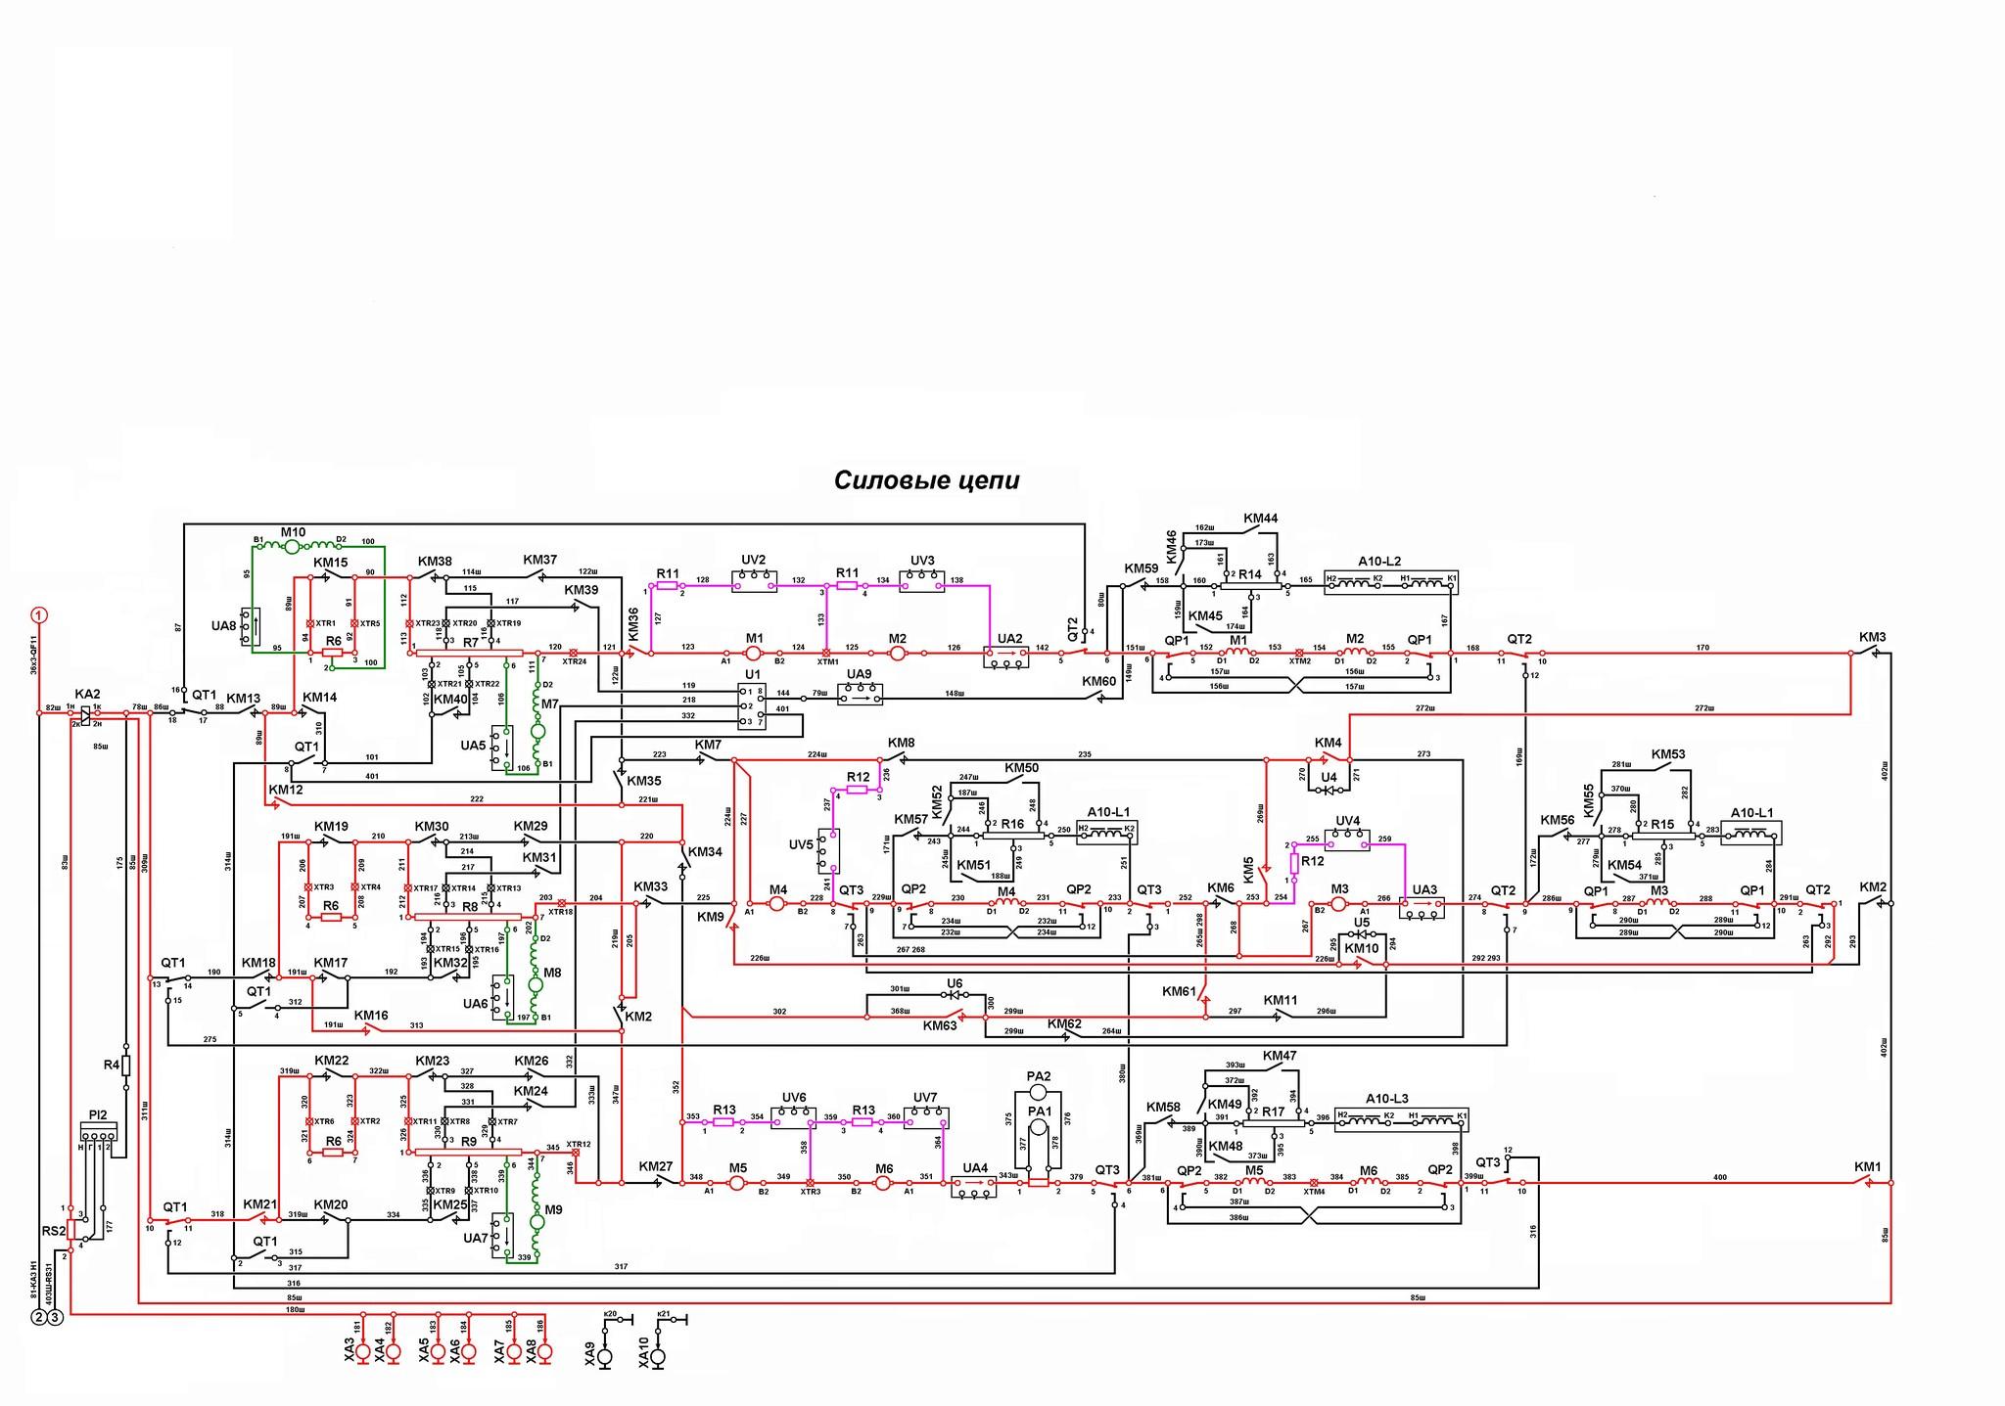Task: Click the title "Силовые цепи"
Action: (x=926, y=480)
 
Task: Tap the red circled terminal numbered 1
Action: (x=38, y=615)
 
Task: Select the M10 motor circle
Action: (x=291, y=547)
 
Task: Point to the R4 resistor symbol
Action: (x=125, y=1065)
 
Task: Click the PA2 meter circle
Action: (x=1039, y=1090)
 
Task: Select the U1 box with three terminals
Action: (x=752, y=704)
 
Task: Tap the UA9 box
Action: (x=860, y=694)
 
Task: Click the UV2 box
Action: (x=754, y=580)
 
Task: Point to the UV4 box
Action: (x=1347, y=839)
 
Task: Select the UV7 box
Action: (x=925, y=1116)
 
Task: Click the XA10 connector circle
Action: (x=658, y=1358)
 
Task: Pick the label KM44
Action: (x=1260, y=518)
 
